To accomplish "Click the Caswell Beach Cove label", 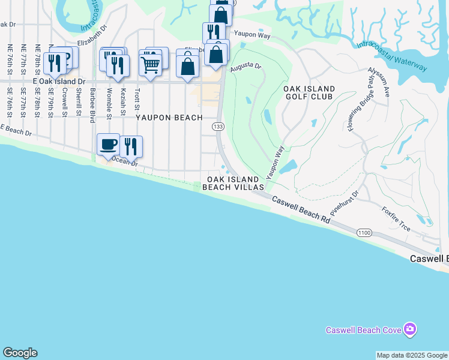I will [364, 330].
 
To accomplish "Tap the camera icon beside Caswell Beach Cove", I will [410, 329].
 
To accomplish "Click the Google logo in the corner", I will [20, 353].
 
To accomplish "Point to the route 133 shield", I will [217, 127].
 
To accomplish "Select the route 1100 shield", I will [364, 233].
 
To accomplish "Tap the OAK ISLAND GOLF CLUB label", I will [309, 94].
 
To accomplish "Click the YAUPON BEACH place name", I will [169, 118].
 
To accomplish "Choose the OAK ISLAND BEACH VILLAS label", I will [233, 184].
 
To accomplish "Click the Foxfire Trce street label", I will [396, 219].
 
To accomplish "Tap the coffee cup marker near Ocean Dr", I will [108, 145].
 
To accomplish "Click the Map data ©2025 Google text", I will [412, 355].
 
